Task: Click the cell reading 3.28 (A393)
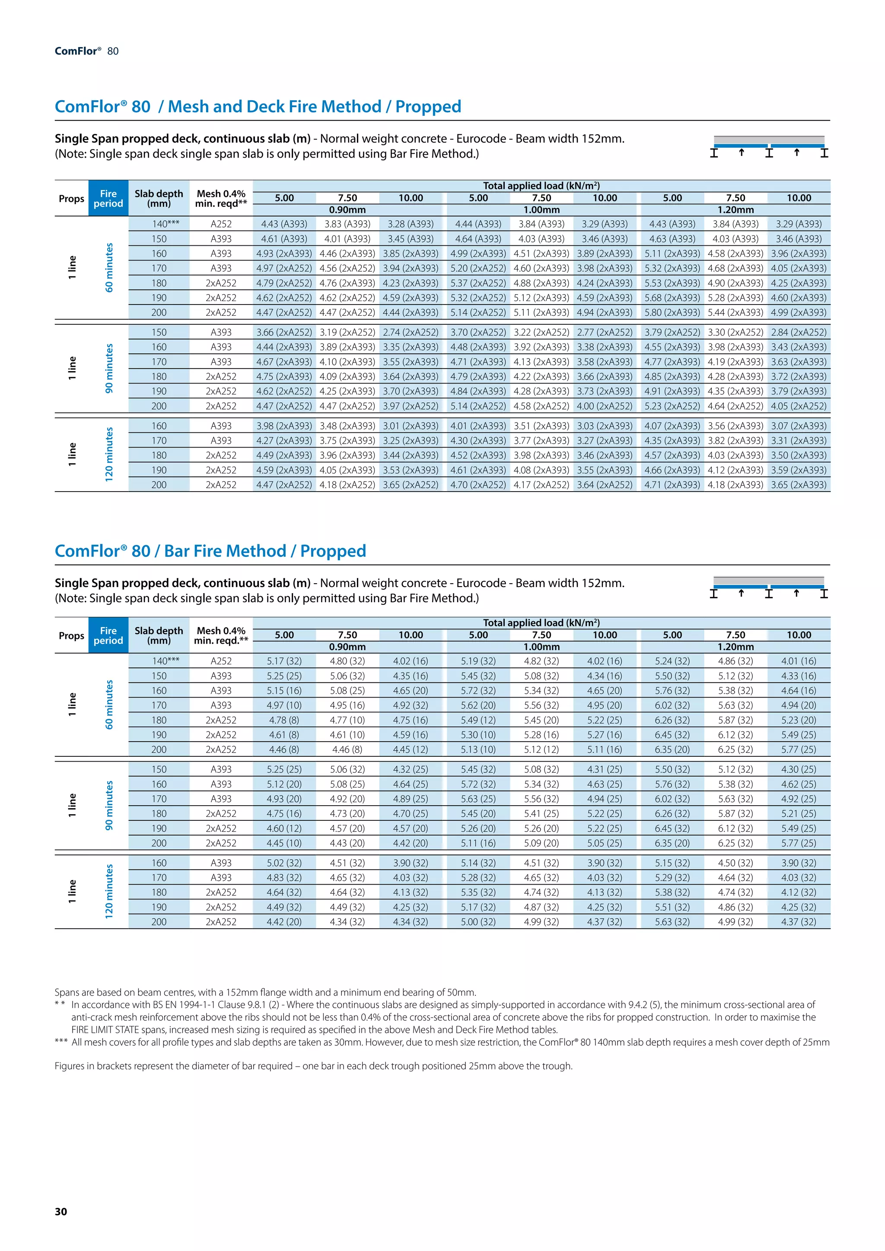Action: pos(411,224)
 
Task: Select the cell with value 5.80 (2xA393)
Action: pos(672,313)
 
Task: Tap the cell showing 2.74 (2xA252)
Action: pos(411,332)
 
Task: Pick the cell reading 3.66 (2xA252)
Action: pos(284,332)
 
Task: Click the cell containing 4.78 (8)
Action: pos(284,720)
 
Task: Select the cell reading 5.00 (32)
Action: pos(478,922)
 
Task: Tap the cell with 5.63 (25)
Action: pos(478,799)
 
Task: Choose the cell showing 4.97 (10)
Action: pos(284,705)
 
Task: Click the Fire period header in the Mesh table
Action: pos(108,198)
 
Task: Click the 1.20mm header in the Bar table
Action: pos(735,647)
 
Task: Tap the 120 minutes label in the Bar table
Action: pos(109,892)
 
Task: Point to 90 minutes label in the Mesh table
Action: pos(109,368)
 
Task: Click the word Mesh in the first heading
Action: pos(188,106)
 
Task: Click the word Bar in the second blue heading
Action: pos(177,551)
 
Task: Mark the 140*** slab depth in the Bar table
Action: pos(166,661)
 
